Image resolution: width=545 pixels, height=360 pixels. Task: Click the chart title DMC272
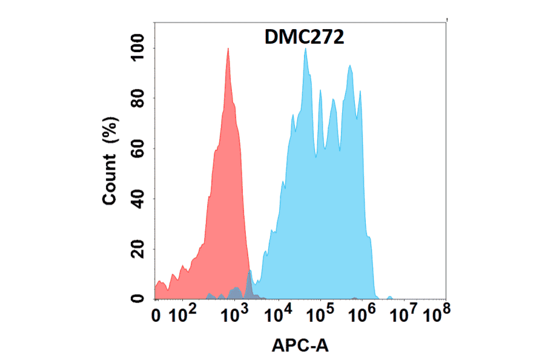coord(305,38)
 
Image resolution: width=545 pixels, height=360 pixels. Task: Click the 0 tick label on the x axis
coord(156,316)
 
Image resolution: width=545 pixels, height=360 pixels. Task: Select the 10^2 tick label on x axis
coord(182,315)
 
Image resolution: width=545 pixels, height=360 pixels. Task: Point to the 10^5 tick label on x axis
coord(322,315)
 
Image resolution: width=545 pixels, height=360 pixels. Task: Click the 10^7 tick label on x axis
coord(405,315)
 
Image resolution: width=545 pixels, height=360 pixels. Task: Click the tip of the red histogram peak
coord(228,48)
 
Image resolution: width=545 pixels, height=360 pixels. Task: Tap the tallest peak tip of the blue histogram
coord(306,48)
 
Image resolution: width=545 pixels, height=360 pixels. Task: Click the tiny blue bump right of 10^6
coord(389,298)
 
